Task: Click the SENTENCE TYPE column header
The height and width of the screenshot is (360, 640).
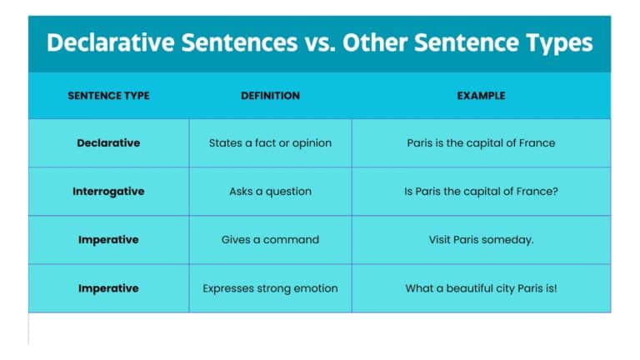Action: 108,96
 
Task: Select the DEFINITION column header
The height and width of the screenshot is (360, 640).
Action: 270,96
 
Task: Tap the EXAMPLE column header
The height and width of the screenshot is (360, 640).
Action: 481,96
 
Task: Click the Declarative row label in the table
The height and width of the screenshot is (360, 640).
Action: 108,143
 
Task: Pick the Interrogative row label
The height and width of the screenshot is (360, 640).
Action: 108,192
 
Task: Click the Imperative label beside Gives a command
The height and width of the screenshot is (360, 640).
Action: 108,240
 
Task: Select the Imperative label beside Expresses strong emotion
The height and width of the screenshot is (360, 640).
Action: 108,288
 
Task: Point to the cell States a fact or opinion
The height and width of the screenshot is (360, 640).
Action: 270,143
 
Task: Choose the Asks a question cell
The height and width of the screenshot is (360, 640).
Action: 270,192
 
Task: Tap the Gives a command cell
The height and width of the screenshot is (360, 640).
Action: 270,240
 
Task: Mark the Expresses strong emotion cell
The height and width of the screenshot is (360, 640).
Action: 270,288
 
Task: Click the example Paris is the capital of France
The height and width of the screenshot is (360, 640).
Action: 481,143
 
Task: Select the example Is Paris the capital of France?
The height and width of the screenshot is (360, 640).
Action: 481,192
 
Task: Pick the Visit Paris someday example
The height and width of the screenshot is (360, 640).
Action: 481,240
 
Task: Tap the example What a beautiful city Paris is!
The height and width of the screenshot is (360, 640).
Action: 481,288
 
